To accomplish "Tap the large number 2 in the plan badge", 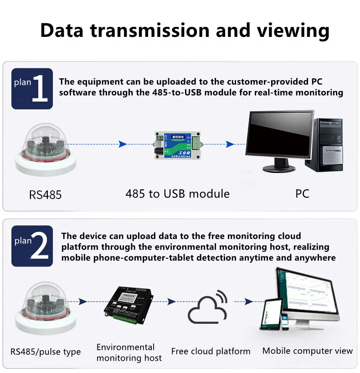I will (x=40, y=246).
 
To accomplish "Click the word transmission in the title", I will (x=151, y=31).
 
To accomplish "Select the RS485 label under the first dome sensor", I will (x=45, y=195).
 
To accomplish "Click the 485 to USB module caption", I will (x=177, y=194).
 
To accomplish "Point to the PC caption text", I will (x=302, y=194).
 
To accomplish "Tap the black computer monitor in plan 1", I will (x=279, y=137).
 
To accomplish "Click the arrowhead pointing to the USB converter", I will (x=122, y=144).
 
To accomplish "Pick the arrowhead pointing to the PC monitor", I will (x=230, y=144).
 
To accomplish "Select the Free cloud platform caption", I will (x=211, y=351).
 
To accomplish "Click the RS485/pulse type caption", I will (x=45, y=352).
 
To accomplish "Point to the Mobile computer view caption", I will (x=308, y=351).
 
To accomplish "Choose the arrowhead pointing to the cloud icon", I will (x=172, y=301).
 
